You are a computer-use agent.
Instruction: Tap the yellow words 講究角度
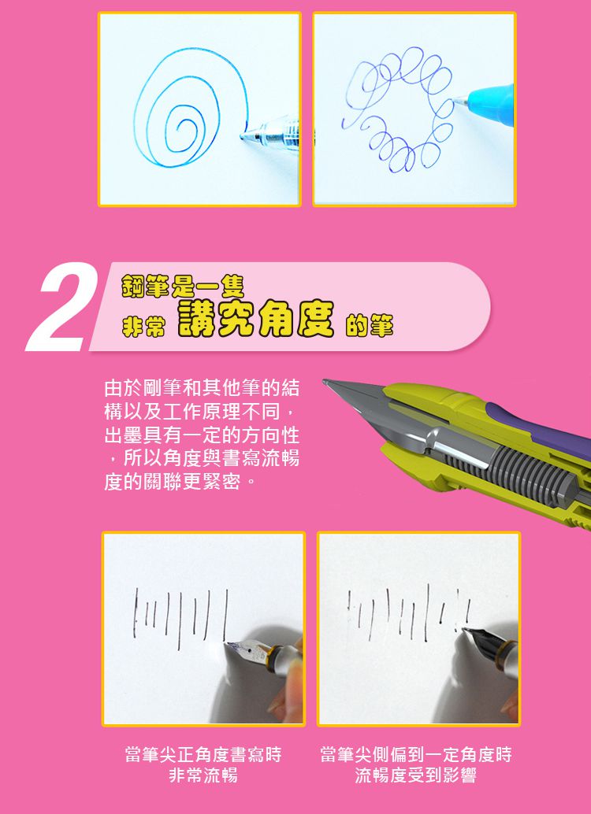pos(255,320)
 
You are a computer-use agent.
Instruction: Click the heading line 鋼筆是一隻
pos(177,284)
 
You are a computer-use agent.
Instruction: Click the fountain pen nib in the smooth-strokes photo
pos(246,649)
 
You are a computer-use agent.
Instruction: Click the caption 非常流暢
pos(203,776)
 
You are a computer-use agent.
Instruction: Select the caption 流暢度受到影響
pos(415,776)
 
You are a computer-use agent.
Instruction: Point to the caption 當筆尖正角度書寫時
pos(203,755)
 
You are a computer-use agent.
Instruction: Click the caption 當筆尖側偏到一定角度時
pos(415,755)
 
